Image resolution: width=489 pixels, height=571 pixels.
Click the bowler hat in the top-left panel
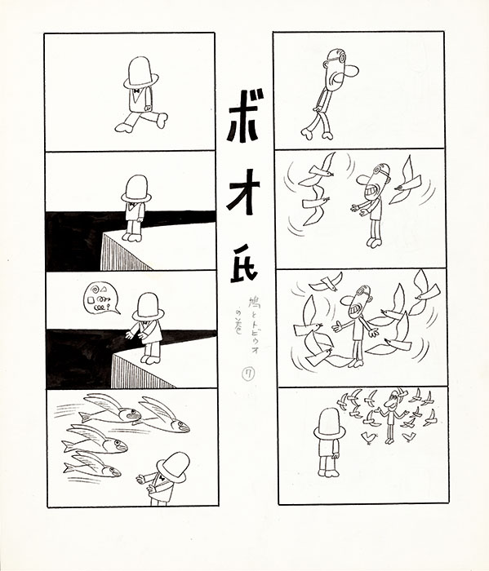pos(140,73)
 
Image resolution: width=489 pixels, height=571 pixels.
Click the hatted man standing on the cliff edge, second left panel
pos(135,206)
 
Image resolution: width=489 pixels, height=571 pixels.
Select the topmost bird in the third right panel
pos(328,281)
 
